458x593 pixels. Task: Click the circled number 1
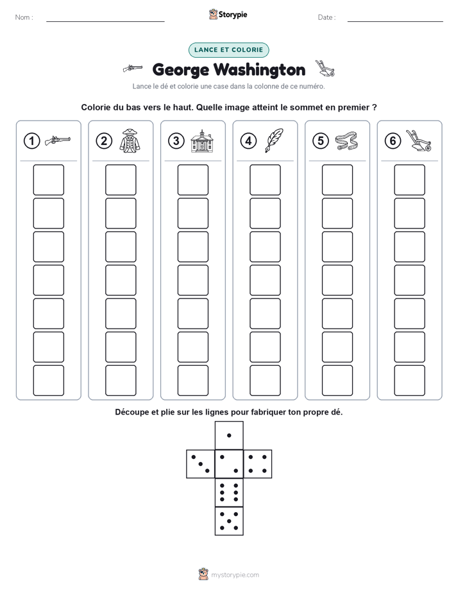(x=31, y=141)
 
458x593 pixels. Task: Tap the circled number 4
(x=248, y=141)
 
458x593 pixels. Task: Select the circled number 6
(x=393, y=141)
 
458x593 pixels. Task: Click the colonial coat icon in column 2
(x=130, y=141)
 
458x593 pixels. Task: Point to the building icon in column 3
(x=202, y=141)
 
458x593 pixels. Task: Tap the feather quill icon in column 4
(x=275, y=141)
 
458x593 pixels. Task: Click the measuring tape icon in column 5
(x=346, y=141)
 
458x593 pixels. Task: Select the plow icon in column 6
(x=419, y=141)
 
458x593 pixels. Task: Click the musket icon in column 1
(x=58, y=141)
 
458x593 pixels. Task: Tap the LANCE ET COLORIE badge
(x=228, y=50)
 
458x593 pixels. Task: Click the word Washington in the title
(x=260, y=70)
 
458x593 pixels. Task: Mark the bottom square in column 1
(x=48, y=381)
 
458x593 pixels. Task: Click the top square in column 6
(x=409, y=180)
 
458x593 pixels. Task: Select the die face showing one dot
(x=229, y=436)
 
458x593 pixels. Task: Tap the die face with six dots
(x=229, y=492)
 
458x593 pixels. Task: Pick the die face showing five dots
(x=229, y=520)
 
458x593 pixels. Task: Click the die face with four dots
(x=258, y=464)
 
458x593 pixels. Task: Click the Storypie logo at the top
(x=228, y=14)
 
